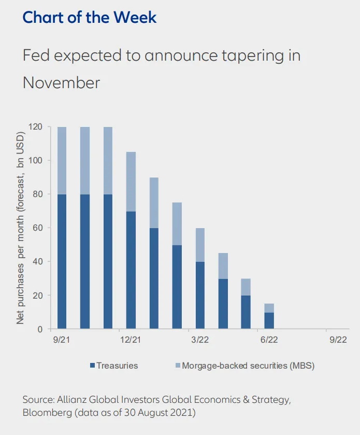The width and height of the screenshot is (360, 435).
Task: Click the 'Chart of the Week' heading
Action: point(90,17)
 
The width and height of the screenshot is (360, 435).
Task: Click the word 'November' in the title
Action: point(61,82)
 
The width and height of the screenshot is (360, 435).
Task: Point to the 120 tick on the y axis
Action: point(35,127)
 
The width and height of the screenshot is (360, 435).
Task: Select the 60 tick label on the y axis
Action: point(37,228)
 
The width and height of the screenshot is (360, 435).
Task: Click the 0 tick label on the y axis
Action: point(40,329)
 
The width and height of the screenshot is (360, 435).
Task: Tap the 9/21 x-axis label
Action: point(61,340)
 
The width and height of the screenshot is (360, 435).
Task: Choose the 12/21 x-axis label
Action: point(130,340)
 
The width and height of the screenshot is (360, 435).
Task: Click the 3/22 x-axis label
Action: point(199,340)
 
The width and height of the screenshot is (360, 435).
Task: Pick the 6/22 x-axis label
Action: point(269,340)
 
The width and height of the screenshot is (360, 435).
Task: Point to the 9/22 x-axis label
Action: point(338,340)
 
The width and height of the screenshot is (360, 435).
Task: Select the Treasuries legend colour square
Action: point(93,366)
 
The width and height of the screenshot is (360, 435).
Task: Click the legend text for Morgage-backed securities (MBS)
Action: point(248,366)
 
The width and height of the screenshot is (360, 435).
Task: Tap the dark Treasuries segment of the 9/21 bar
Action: point(62,261)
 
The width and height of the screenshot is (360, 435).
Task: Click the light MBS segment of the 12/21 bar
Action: point(131,181)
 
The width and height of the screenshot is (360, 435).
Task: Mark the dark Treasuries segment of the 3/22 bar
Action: point(200,295)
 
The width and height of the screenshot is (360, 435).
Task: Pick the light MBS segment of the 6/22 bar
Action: point(269,308)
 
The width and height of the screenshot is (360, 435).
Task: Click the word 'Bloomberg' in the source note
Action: point(47,413)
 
